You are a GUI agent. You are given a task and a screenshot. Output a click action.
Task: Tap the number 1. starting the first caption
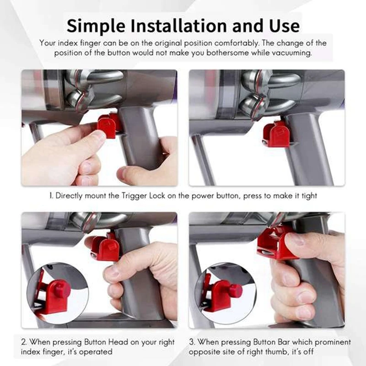point(52,196)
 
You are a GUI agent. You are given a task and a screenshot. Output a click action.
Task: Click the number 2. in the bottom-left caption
point(25,342)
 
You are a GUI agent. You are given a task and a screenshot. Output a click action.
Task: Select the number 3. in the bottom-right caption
point(192,342)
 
